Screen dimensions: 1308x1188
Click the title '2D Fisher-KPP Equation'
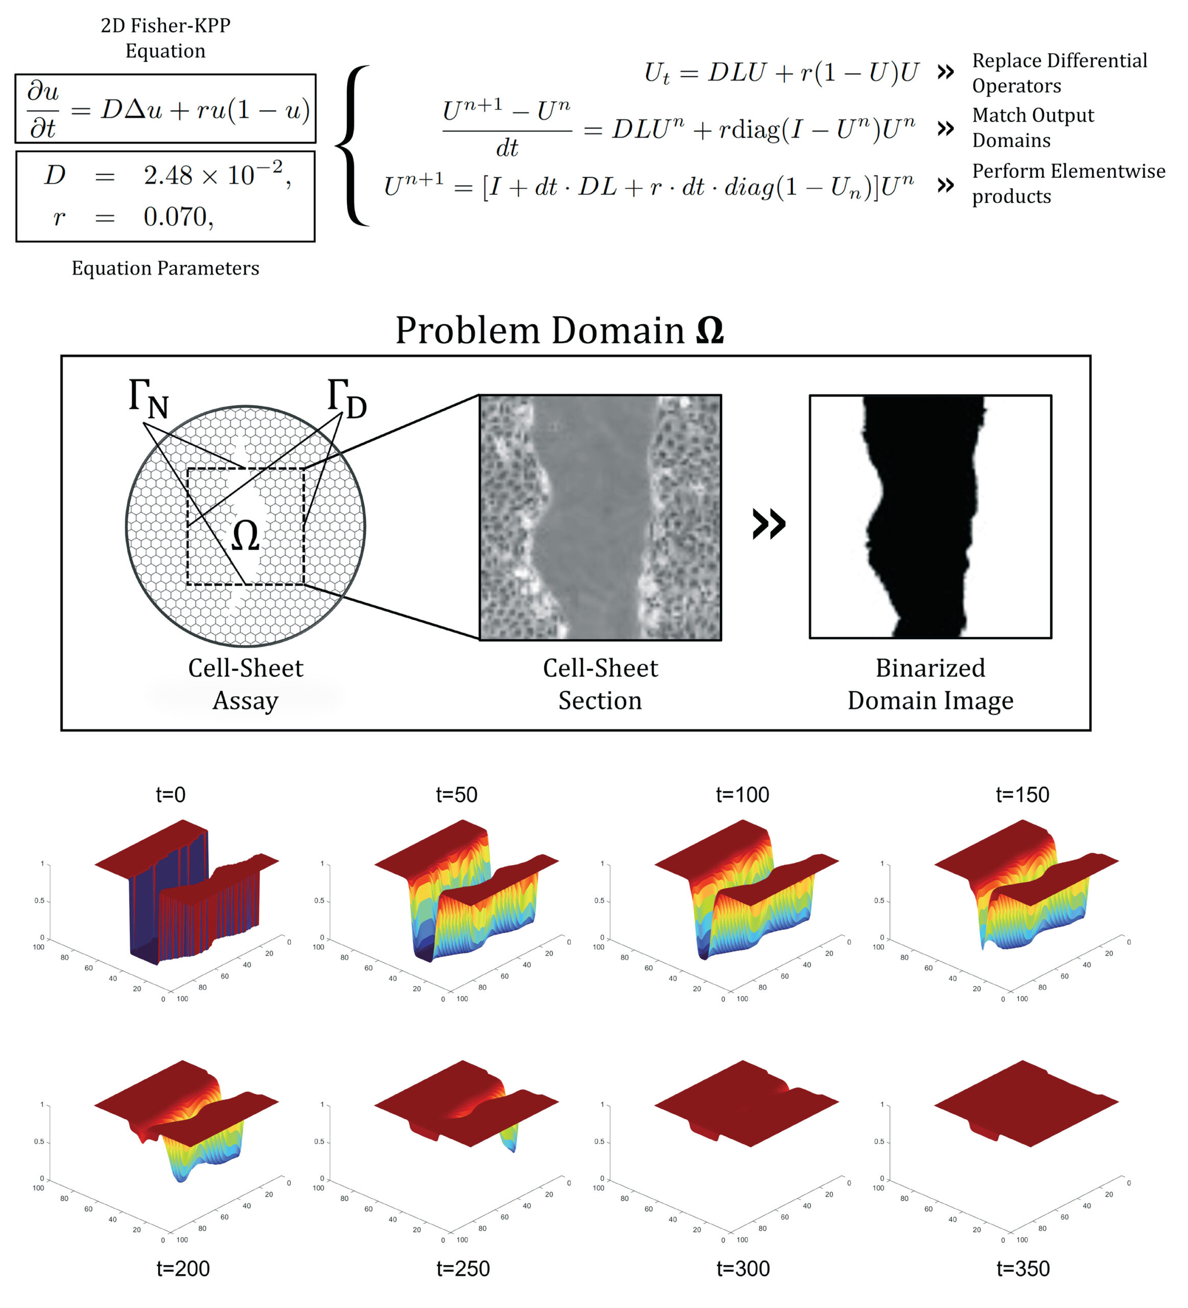pos(165,38)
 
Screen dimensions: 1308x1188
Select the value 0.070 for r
pos(178,217)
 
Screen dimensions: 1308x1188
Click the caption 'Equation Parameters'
pos(165,268)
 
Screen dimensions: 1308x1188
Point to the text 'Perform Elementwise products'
pos(1067,183)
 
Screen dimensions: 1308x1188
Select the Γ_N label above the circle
pos(149,398)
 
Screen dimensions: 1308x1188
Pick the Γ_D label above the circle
pos(347,398)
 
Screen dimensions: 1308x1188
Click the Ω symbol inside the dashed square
pos(246,536)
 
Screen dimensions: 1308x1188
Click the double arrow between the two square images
pos(769,524)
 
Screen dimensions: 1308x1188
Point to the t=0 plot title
pos(171,794)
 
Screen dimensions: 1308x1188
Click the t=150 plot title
pos(1022,794)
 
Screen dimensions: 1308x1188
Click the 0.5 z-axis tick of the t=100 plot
pos(599,901)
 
